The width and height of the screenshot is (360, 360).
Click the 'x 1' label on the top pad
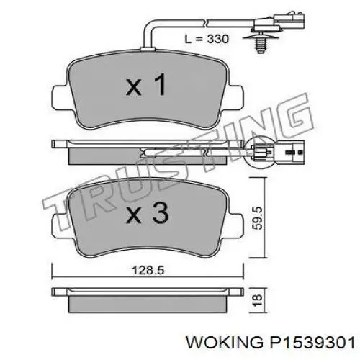pyautogui.click(x=146, y=86)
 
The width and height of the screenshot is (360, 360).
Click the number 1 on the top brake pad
pyautogui.click(x=160, y=86)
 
